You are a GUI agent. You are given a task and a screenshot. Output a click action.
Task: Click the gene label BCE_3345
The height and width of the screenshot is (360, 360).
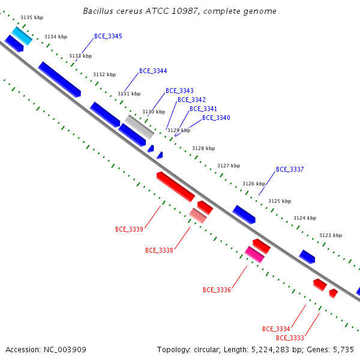pyautogui.click(x=108, y=36)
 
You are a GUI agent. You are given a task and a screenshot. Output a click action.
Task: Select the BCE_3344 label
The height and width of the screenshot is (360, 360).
pyautogui.click(x=153, y=71)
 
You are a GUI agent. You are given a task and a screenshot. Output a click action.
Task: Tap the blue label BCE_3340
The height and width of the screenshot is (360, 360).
pyautogui.click(x=216, y=118)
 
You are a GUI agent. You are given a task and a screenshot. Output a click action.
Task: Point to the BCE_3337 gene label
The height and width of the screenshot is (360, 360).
pyautogui.click(x=290, y=169)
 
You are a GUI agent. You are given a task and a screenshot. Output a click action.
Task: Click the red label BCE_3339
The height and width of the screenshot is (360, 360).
pyautogui.click(x=129, y=229)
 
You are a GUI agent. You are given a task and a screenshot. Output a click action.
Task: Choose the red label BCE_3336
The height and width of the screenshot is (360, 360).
pyautogui.click(x=217, y=290)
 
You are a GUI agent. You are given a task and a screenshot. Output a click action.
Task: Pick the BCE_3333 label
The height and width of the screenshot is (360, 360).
pyautogui.click(x=290, y=338)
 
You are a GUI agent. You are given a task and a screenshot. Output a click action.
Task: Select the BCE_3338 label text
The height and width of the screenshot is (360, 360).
pyautogui.click(x=159, y=250)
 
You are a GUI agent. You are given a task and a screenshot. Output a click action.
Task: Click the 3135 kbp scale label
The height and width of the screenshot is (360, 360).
pyautogui.click(x=32, y=17)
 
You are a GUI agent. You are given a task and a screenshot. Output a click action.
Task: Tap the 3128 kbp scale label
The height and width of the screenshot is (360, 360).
pyautogui.click(x=203, y=148)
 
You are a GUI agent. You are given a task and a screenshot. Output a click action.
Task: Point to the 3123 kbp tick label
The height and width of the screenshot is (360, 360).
pyautogui.click(x=331, y=235)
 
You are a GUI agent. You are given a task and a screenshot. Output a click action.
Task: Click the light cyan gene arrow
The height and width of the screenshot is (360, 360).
pyautogui.click(x=22, y=36)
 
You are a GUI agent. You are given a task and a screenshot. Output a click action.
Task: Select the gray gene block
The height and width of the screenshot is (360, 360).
pyautogui.click(x=139, y=127)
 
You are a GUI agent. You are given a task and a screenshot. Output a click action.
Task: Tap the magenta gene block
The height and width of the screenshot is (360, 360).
pyautogui.click(x=254, y=254)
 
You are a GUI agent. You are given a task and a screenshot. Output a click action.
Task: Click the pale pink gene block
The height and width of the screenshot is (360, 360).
pyautogui.click(x=197, y=215)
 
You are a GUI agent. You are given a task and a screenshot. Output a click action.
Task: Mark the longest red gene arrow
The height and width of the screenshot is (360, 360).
pyautogui.click(x=176, y=187)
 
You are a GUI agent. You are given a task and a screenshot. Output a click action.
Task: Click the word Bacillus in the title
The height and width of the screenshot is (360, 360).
pyautogui.click(x=98, y=11)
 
